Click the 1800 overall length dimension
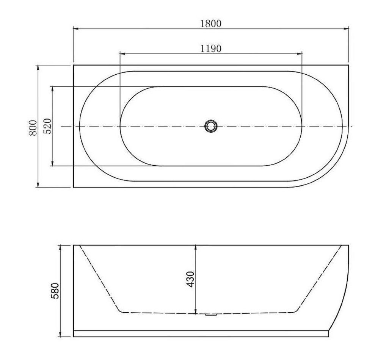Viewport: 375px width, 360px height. pos(211,23)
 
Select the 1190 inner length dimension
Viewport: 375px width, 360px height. pos(211,49)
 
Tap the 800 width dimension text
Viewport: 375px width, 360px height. pos(33,128)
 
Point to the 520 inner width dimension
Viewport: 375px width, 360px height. pos(47,126)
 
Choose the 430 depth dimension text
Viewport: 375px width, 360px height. pos(190,279)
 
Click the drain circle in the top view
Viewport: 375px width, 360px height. pos(211,126)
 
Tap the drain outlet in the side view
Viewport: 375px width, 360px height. pos(211,315)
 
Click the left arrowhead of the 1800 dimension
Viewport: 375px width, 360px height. pos(76,29)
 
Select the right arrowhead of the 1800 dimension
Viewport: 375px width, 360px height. pos(346,29)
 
